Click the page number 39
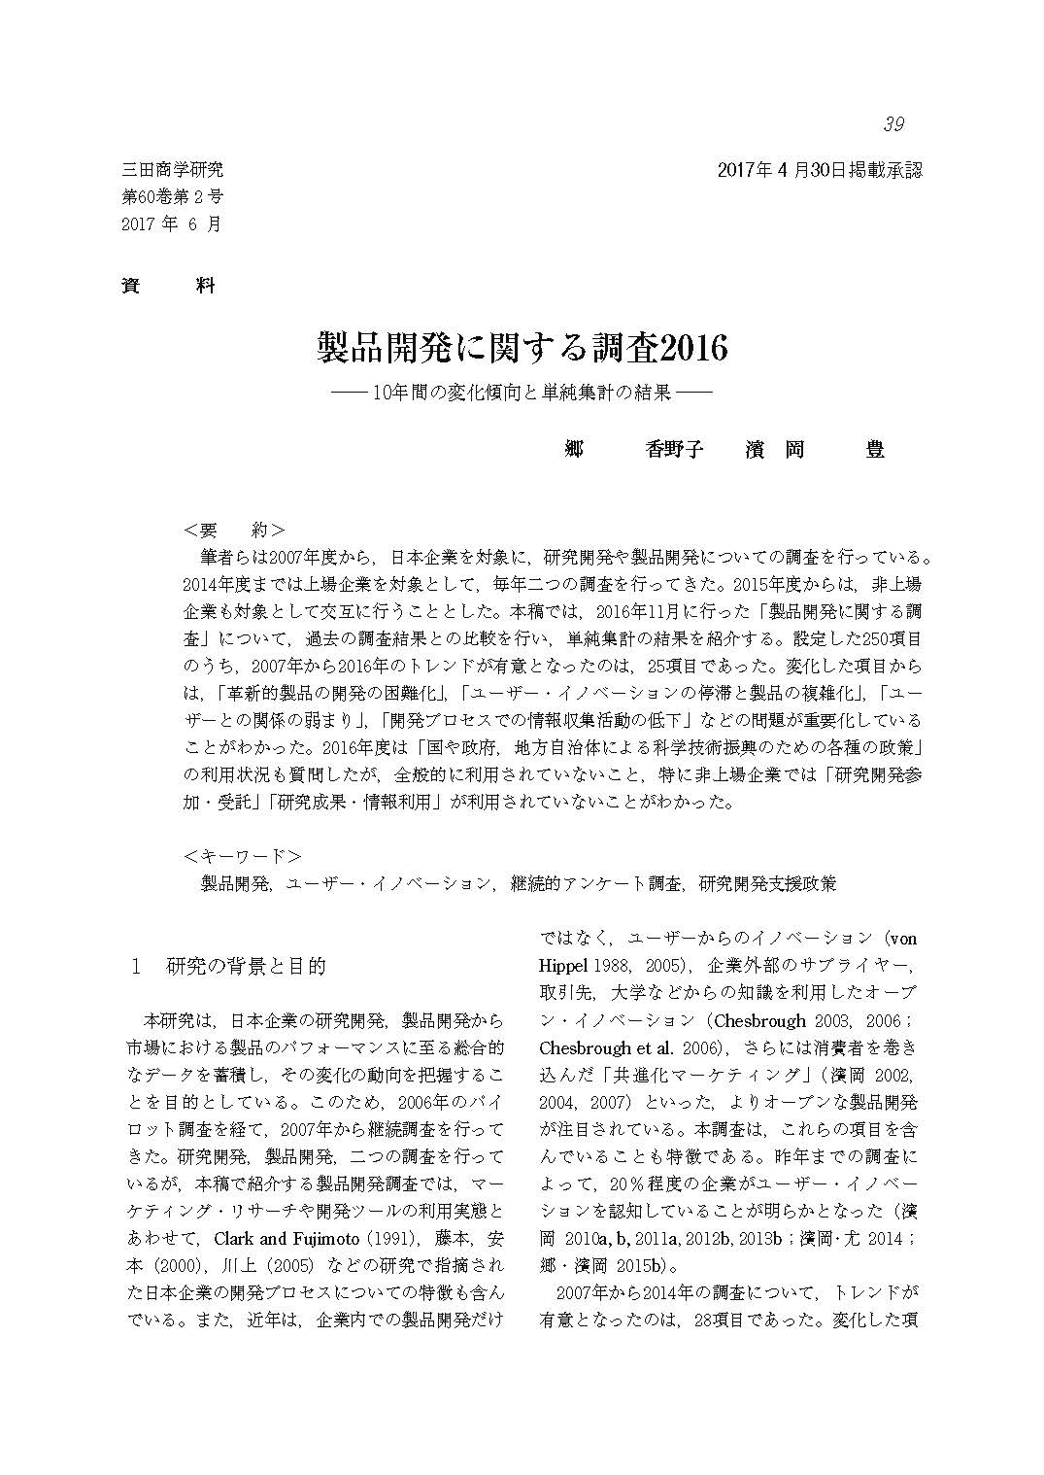tap(893, 124)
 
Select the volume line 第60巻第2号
tap(173, 196)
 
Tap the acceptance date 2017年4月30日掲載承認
tap(819, 170)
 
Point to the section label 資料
tap(168, 286)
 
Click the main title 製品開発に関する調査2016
tap(522, 348)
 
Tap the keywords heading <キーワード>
tap(242, 856)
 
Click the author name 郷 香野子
tap(633, 450)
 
